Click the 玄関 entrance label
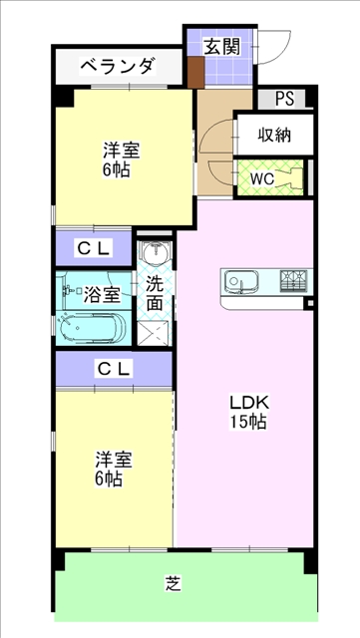[x=221, y=47]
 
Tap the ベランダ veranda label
[x=118, y=67]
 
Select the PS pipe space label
[x=284, y=99]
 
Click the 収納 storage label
[x=274, y=136]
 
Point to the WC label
[x=262, y=178]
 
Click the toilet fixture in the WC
[x=290, y=178]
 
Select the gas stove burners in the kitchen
[x=293, y=281]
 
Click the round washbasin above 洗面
[x=155, y=252]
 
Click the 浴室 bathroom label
[x=102, y=295]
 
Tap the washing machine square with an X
[x=153, y=332]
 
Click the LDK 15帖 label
[x=248, y=412]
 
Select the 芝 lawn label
[x=174, y=584]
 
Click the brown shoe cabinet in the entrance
[x=195, y=73]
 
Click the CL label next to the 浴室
[x=94, y=248]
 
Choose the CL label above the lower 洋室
[x=115, y=369]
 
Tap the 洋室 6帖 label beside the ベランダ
[x=121, y=159]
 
